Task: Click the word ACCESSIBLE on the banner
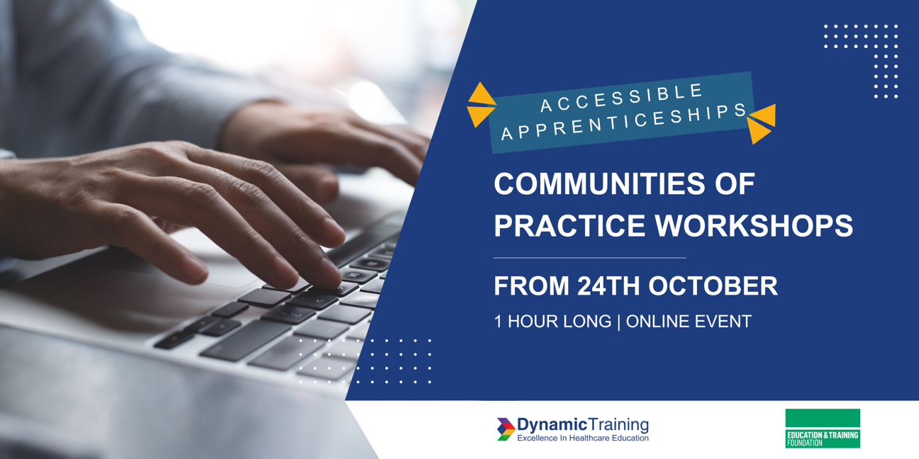(622, 98)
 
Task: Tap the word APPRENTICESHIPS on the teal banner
(623, 121)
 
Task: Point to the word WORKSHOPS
(754, 225)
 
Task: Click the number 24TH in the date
(608, 285)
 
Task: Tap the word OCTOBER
(713, 285)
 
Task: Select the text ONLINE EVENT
(689, 322)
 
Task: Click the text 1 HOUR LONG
(552, 322)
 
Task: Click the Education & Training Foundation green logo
(823, 429)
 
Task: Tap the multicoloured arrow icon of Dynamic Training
(506, 429)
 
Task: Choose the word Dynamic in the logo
(552, 425)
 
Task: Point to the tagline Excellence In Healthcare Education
(583, 438)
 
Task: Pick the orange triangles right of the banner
(762, 124)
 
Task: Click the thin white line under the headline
(589, 258)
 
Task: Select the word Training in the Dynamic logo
(618, 425)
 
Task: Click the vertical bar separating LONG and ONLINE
(618, 322)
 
